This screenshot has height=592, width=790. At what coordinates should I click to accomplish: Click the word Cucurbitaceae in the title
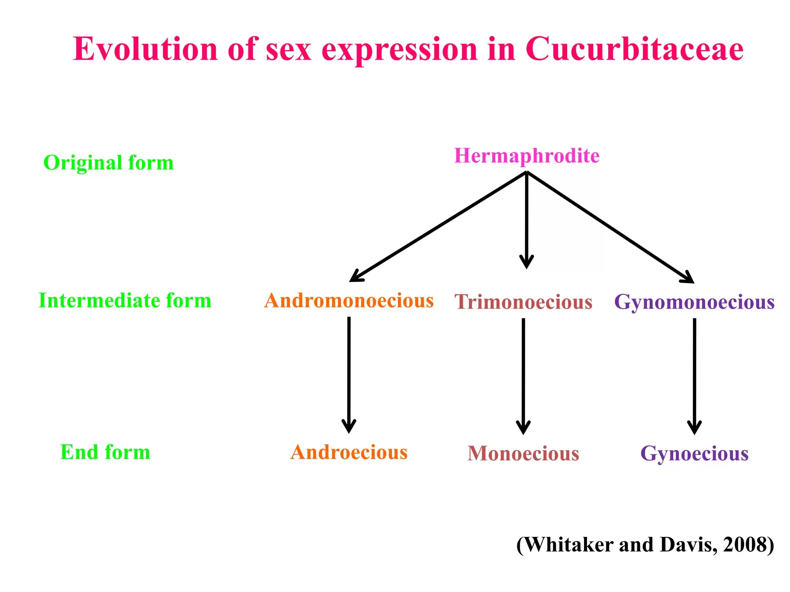pyautogui.click(x=634, y=49)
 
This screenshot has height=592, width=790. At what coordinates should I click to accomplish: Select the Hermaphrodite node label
pyautogui.click(x=527, y=156)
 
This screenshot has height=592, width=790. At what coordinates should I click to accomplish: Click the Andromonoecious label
pyautogui.click(x=349, y=301)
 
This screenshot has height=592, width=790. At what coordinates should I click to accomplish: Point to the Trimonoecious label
pyautogui.click(x=523, y=302)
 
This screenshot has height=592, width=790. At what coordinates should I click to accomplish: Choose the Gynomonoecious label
pyautogui.click(x=694, y=302)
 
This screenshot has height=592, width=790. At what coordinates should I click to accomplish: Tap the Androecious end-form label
pyautogui.click(x=349, y=452)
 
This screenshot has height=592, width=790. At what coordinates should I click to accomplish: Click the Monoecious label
pyautogui.click(x=523, y=454)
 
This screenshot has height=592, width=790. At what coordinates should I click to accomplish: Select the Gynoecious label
pyautogui.click(x=694, y=454)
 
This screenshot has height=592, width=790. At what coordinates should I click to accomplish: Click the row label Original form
pyautogui.click(x=108, y=163)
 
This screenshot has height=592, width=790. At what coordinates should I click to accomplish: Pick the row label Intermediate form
pyautogui.click(x=125, y=301)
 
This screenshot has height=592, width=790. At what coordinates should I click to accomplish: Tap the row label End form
pyautogui.click(x=105, y=452)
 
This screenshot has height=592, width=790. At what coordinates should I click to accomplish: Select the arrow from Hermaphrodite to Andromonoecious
pyautogui.click(x=438, y=227)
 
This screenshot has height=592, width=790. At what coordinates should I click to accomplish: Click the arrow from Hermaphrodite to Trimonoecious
pyautogui.click(x=527, y=220)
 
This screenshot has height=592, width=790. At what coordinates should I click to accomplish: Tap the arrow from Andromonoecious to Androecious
pyautogui.click(x=349, y=374)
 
